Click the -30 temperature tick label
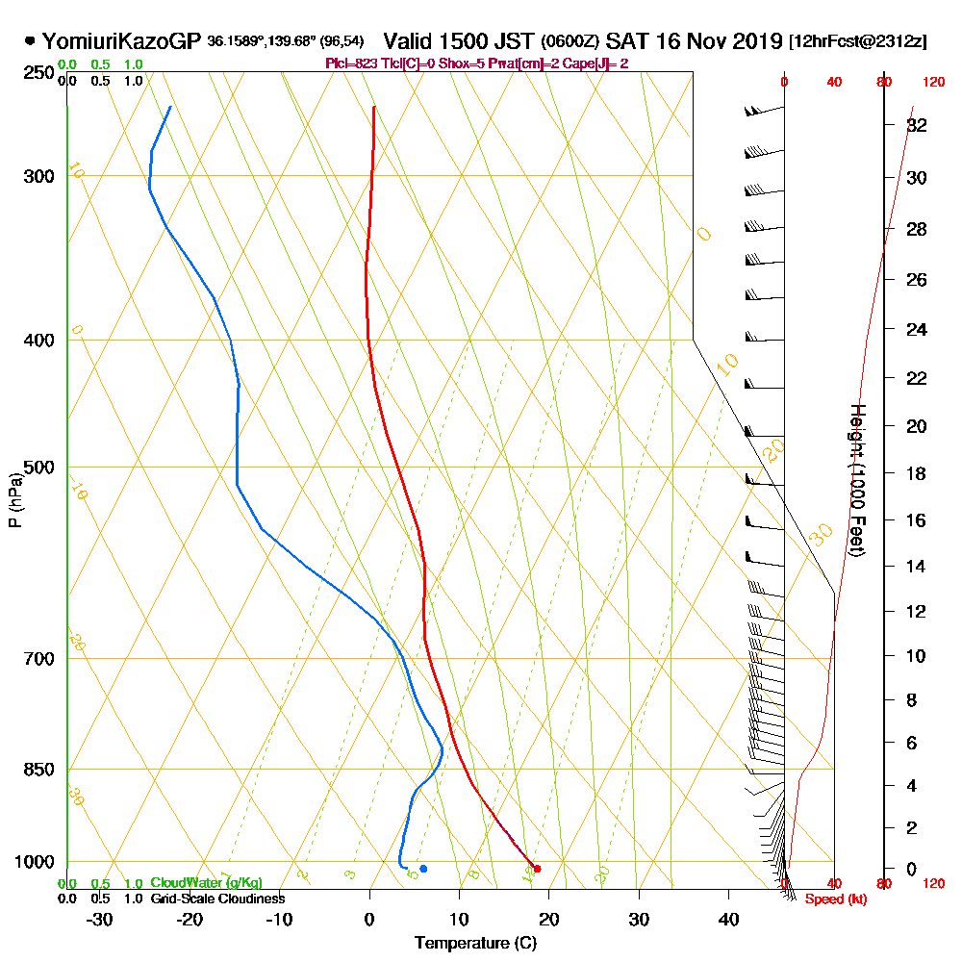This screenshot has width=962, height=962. click(100, 920)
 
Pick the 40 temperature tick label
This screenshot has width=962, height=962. click(728, 920)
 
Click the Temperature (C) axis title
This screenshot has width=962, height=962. click(475, 944)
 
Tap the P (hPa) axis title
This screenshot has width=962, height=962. click(14, 500)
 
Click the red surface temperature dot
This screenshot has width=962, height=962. click(537, 869)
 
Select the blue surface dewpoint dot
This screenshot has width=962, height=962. click(423, 869)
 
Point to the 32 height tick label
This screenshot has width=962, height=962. click(917, 125)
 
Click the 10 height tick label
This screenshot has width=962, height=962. click(917, 656)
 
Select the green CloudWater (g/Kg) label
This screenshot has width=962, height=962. click(206, 883)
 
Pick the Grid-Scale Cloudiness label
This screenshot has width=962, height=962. click(216, 899)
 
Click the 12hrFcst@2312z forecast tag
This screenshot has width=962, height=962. click(857, 41)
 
